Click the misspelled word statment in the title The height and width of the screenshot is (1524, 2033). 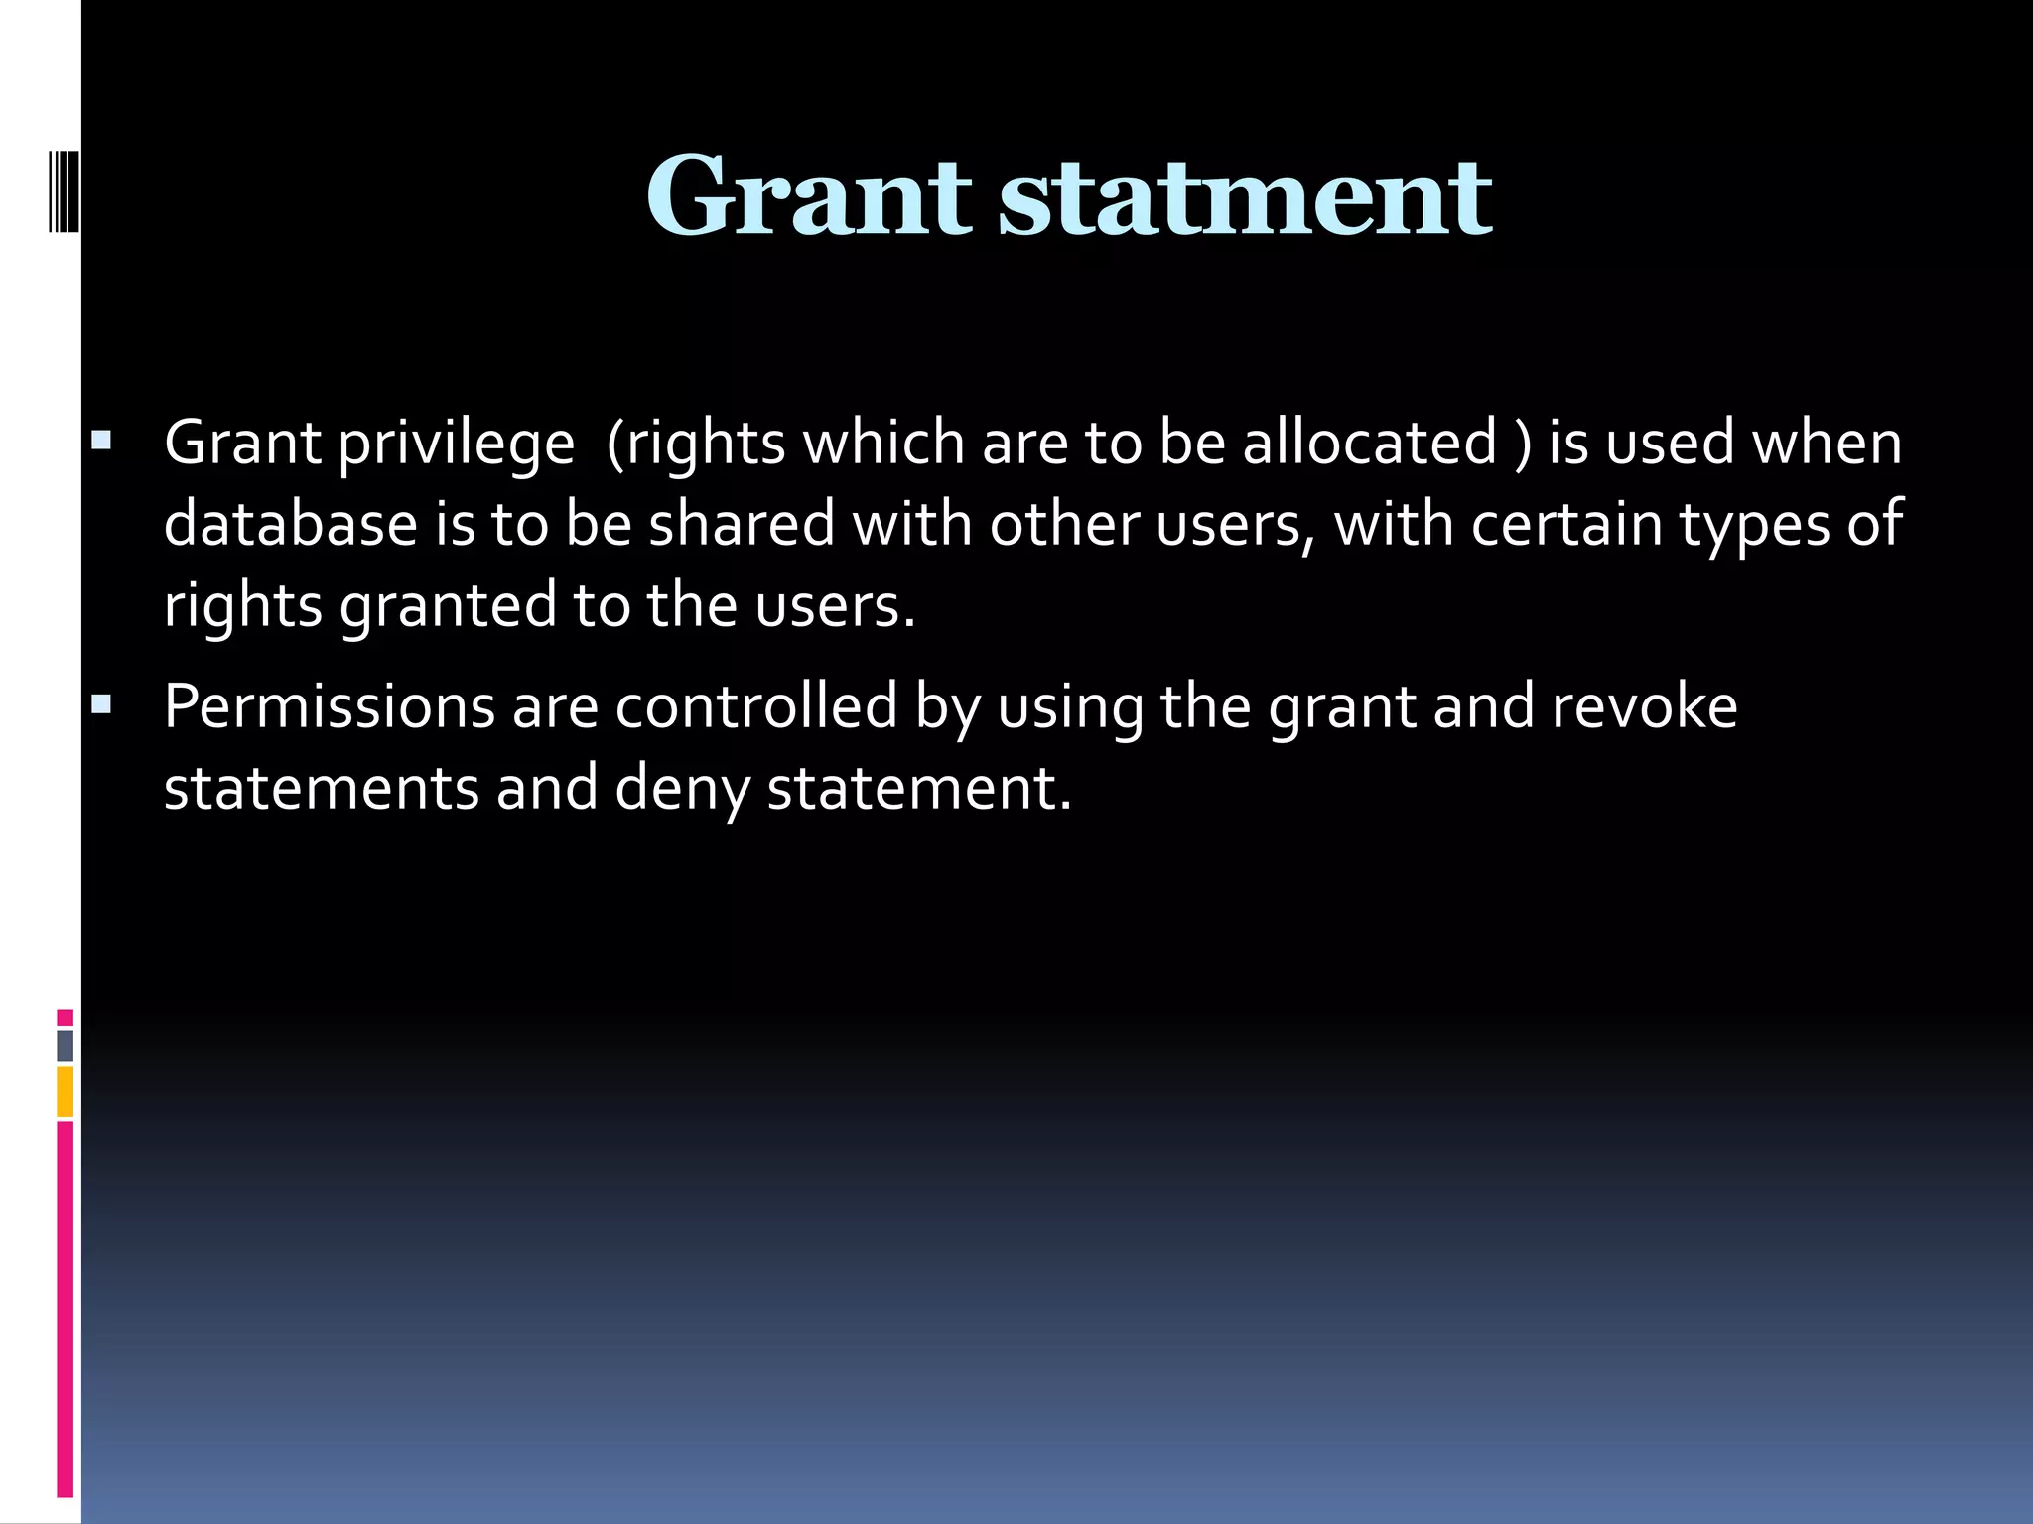(1245, 196)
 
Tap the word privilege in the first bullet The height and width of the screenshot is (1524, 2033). (456, 444)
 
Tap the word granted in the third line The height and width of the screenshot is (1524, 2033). (448, 606)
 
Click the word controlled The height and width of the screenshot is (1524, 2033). (756, 706)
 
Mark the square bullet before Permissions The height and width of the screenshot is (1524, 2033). (101, 704)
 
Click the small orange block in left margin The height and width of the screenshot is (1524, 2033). (66, 1091)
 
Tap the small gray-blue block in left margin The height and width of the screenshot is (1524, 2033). (66, 1045)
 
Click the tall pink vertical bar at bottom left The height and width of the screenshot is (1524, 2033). (66, 1310)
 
